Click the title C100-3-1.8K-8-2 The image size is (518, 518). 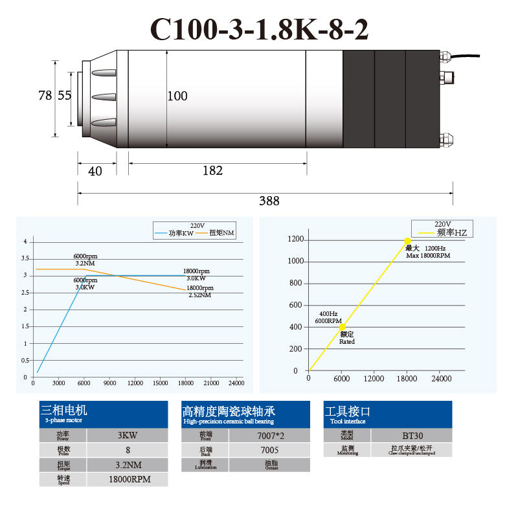point(260,29)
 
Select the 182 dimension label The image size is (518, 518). point(212,170)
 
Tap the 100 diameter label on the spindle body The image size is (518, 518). point(177,96)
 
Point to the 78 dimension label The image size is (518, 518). point(45,95)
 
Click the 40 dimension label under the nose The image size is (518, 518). point(95,170)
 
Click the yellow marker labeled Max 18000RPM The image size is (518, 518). point(408,241)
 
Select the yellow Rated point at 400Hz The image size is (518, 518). point(342,327)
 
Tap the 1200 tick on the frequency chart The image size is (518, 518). point(296,240)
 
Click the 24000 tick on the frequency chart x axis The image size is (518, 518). point(441,378)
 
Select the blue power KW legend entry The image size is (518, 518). point(175,232)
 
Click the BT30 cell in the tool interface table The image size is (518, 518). point(412,434)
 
